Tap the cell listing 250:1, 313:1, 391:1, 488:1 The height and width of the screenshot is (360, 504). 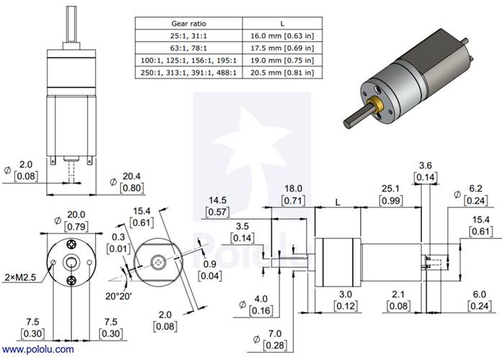pos(188,73)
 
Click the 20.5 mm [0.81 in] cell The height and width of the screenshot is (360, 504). pos(279,73)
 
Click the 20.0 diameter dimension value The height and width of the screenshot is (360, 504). pos(76,215)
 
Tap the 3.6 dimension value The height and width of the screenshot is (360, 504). pos(425,165)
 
